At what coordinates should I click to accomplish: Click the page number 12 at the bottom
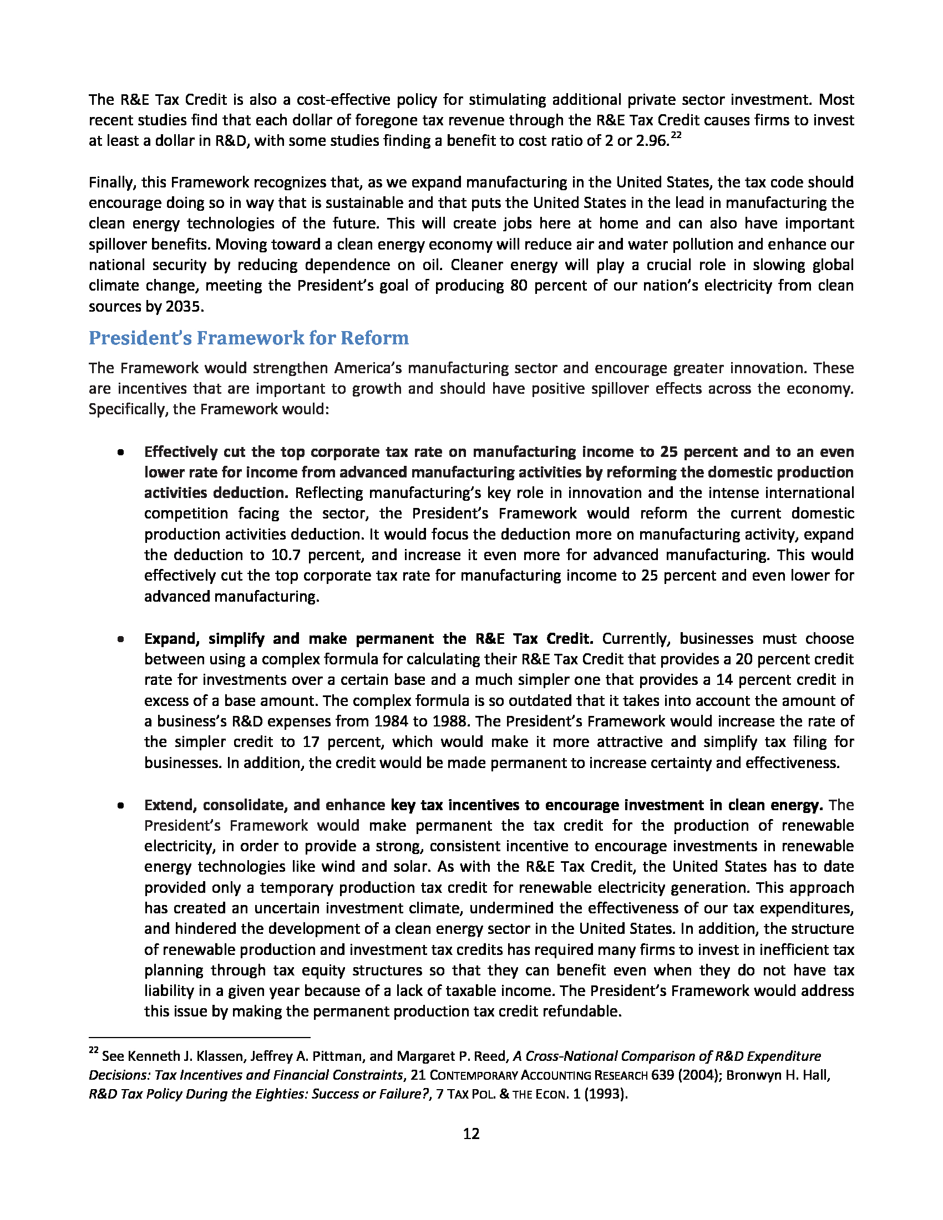click(471, 1133)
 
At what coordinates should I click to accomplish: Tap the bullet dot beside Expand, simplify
click(121, 639)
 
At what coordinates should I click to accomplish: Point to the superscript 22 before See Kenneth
click(93, 1051)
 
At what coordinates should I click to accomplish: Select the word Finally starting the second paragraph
click(111, 182)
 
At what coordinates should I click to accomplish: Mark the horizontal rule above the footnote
click(199, 1037)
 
